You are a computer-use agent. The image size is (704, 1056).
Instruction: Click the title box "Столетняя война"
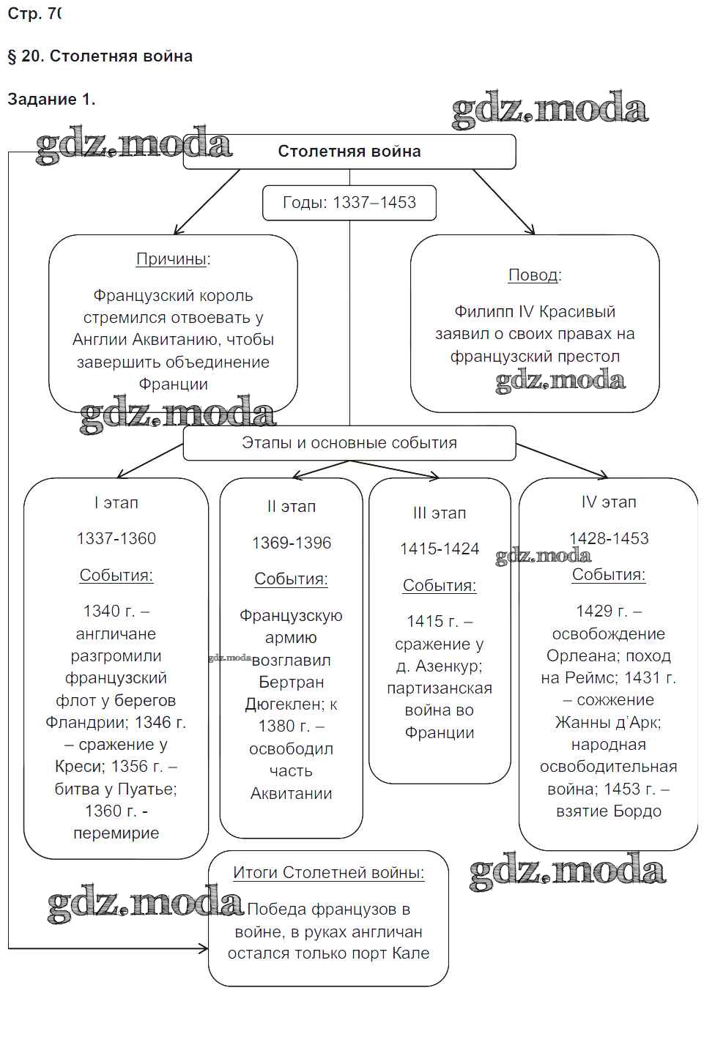(x=349, y=152)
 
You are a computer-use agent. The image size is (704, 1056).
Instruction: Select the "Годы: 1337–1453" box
(x=349, y=203)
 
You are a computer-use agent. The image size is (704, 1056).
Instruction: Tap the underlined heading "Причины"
(x=171, y=259)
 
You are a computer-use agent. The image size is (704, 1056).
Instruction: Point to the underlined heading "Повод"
(x=533, y=275)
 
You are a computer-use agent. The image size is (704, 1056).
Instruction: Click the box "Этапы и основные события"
(x=349, y=443)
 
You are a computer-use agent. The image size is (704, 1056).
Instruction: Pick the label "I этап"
(x=116, y=503)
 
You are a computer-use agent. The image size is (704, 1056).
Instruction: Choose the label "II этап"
(x=291, y=507)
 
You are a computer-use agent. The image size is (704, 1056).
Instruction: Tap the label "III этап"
(x=439, y=513)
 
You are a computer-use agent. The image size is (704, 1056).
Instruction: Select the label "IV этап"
(x=608, y=502)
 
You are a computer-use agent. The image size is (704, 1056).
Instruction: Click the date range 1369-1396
(x=291, y=543)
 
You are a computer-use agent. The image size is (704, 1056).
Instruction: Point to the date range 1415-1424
(x=439, y=549)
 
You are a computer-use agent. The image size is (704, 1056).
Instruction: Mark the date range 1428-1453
(x=609, y=539)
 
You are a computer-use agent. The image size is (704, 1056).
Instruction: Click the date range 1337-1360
(x=116, y=539)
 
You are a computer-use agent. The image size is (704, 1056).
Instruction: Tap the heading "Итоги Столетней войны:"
(x=328, y=873)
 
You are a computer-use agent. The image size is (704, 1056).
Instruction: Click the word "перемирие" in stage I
(x=116, y=833)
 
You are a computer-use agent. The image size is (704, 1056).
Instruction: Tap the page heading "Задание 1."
(x=51, y=100)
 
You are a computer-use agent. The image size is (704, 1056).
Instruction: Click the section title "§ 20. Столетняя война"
(x=100, y=56)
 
